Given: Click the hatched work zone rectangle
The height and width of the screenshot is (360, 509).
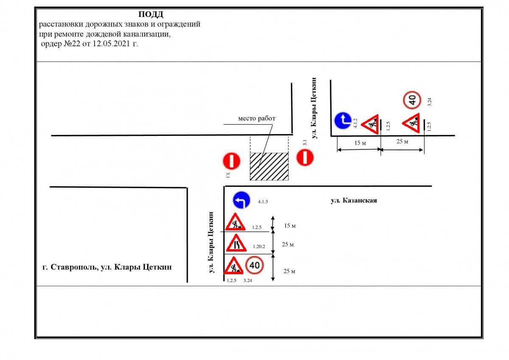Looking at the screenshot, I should point(269,166).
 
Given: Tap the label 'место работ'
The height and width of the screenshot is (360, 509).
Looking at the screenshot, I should point(257,118).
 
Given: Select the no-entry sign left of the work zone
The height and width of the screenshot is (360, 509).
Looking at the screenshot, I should point(232,161).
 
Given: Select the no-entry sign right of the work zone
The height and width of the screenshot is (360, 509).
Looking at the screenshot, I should point(305,157).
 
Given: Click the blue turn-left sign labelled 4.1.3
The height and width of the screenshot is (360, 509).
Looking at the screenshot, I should point(241,200).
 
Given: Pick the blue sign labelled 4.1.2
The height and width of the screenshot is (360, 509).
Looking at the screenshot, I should point(342,121).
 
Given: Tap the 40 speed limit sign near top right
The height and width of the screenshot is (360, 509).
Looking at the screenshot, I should point(411,100).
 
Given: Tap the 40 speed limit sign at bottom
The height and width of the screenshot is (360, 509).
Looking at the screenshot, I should point(255,265).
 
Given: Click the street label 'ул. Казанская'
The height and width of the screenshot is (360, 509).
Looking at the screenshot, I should point(354,201).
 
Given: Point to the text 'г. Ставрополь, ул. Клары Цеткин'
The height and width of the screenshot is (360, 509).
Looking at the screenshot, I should point(107,267).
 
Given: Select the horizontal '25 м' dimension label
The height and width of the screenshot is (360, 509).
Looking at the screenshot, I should point(402,141).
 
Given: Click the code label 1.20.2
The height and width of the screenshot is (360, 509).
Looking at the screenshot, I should point(259,246).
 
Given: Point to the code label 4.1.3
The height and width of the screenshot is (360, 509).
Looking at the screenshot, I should point(263,202).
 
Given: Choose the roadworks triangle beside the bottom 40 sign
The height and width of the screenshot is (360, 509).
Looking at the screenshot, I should point(234,266).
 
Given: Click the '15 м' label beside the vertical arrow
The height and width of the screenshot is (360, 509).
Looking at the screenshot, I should point(290,225).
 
